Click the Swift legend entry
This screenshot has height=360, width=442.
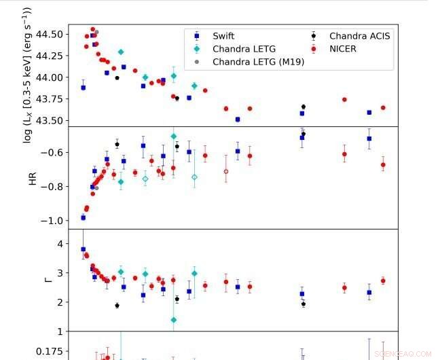tap(223, 36)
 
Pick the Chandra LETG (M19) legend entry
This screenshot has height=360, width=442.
tap(258, 62)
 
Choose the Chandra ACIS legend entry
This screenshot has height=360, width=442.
tap(360, 36)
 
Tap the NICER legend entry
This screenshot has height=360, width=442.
tap(344, 49)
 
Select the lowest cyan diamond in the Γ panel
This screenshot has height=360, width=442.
tap(174, 320)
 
